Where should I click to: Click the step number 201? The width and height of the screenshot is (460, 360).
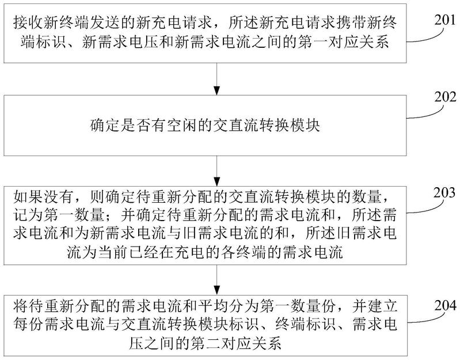click(445, 20)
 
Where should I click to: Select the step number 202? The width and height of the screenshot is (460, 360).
click(445, 97)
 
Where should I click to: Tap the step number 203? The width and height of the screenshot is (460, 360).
click(445, 192)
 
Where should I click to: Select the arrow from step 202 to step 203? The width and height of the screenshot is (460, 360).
click(216, 170)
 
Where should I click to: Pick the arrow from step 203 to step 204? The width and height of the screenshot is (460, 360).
click(216, 280)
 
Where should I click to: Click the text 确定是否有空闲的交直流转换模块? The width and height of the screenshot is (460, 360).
click(205, 126)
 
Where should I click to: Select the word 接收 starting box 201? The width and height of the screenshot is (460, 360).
click(29, 23)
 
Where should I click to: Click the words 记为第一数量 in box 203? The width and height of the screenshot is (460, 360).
click(59, 215)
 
